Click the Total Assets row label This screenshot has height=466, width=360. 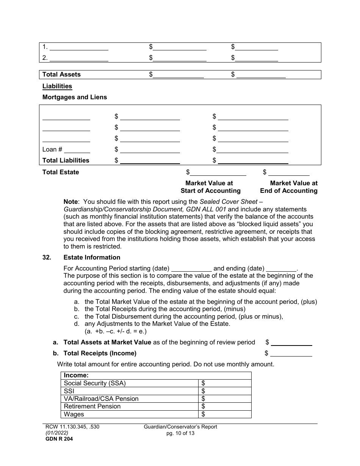[x=61, y=75]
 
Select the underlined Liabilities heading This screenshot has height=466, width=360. [x=57, y=86]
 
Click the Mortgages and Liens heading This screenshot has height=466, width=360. [x=75, y=97]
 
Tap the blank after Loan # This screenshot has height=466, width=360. [x=79, y=150]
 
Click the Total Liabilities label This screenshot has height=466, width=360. [x=66, y=161]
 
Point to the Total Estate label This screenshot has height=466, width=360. [x=61, y=172]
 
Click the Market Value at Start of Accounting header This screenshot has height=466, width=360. [x=210, y=187]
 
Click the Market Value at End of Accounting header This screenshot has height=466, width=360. [x=289, y=187]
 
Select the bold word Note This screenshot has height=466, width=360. [x=70, y=202]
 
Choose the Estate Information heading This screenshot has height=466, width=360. [x=92, y=258]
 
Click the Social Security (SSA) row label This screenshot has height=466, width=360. [x=95, y=383]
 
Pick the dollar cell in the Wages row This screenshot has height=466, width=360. [x=225, y=414]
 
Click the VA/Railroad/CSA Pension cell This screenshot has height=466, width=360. [x=101, y=399]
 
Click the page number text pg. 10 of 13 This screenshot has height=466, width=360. [x=180, y=433]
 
